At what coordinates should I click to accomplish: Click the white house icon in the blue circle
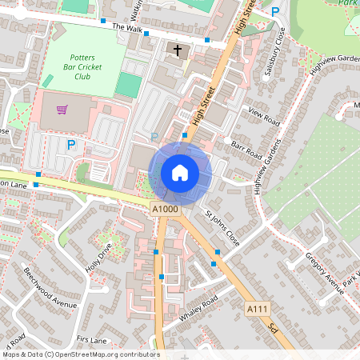(180, 172)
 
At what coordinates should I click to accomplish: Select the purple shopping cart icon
(62, 108)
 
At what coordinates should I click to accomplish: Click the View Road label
(263, 116)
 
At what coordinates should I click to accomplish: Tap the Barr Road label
(246, 150)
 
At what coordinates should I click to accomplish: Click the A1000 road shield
(165, 210)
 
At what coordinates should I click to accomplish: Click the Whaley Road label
(198, 309)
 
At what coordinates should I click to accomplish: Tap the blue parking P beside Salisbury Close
(275, 12)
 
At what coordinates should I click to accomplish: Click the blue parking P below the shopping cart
(71, 145)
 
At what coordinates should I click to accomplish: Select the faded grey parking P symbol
(154, 137)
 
